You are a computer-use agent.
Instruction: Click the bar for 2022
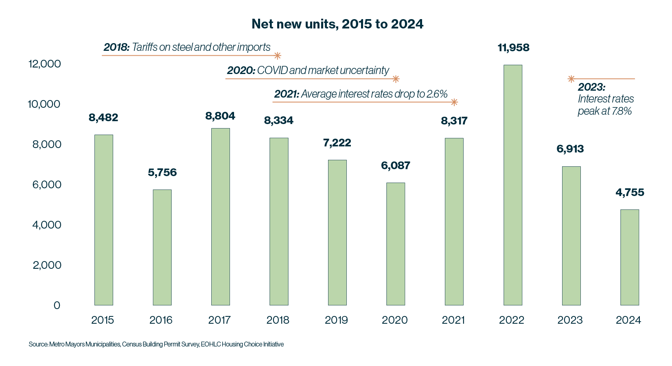click(x=513, y=185)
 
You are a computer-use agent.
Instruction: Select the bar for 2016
click(x=162, y=247)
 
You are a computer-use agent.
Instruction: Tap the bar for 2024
click(x=630, y=257)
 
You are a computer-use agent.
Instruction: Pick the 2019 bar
click(x=337, y=233)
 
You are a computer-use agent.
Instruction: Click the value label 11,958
click(x=513, y=48)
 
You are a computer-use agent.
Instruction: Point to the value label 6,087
click(x=395, y=166)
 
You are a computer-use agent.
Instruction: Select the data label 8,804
click(x=220, y=116)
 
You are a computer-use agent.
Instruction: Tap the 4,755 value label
click(x=630, y=192)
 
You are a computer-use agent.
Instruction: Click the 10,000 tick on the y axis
click(x=44, y=104)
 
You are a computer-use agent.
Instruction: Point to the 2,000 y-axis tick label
click(x=47, y=265)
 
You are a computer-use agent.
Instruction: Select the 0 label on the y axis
click(x=57, y=305)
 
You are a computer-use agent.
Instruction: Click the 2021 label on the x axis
click(x=453, y=320)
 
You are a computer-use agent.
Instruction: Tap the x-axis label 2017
click(x=219, y=320)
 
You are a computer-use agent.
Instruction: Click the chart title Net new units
click(x=337, y=24)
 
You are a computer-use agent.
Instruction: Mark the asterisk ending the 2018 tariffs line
click(x=277, y=56)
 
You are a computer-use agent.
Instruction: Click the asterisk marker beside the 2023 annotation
click(x=571, y=79)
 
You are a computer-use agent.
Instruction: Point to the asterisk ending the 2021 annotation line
click(x=454, y=102)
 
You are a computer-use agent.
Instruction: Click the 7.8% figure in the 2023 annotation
click(x=622, y=111)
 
